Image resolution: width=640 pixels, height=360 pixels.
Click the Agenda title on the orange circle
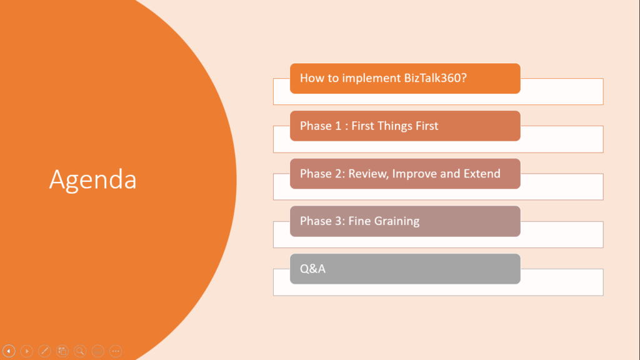point(92,180)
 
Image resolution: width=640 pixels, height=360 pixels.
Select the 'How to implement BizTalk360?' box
point(405,79)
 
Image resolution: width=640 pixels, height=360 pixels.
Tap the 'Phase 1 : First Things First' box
point(405,126)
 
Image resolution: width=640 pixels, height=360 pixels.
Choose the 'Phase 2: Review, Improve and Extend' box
point(405,174)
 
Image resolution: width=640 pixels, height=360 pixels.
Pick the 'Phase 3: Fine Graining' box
point(405,221)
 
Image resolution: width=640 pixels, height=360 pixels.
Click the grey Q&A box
point(405,269)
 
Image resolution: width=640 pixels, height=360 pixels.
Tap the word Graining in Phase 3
point(397,221)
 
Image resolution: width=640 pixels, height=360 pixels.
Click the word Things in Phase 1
point(394,126)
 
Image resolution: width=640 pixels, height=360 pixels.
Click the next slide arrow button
point(26,351)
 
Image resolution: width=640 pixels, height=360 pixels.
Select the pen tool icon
point(44,351)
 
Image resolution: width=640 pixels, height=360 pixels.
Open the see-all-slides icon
point(62,351)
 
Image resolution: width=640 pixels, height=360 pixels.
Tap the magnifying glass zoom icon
point(80,351)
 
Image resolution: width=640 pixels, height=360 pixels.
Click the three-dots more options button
point(116,351)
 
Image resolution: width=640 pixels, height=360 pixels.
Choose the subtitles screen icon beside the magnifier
point(97,351)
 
